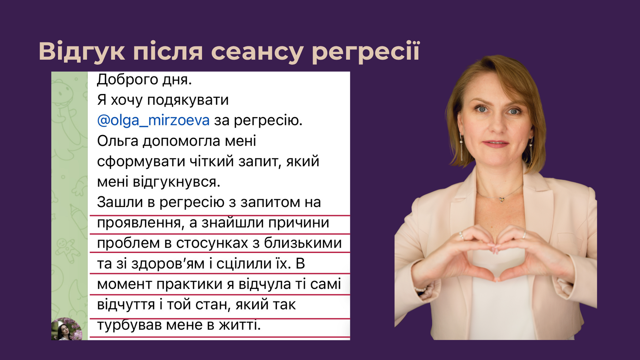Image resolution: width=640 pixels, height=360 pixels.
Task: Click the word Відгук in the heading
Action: point(82,52)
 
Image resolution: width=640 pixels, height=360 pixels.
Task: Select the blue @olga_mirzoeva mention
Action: point(153,120)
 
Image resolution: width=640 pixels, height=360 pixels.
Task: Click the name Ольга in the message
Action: point(117,141)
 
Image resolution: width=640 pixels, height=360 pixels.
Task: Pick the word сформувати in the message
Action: point(141,162)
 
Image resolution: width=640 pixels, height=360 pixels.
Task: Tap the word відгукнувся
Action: point(176,182)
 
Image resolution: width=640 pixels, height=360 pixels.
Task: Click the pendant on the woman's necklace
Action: point(501,199)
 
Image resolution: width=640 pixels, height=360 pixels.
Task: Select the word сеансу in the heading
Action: point(257,52)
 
